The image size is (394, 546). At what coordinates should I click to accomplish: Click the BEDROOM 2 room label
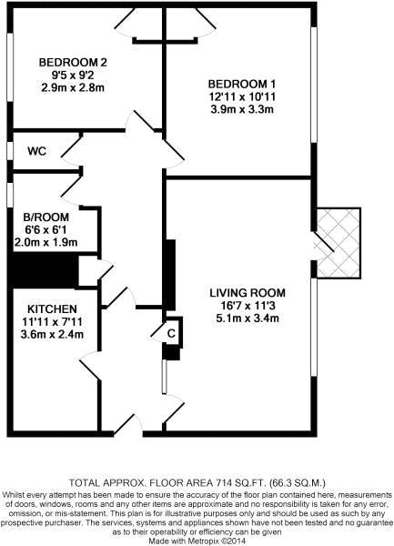(x=73, y=63)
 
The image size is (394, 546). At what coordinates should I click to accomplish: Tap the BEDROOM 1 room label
(x=242, y=85)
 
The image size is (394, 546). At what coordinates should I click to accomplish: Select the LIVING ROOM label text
(x=248, y=293)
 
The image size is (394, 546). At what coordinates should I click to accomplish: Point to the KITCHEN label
(x=52, y=309)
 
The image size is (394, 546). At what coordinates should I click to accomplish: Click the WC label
(x=37, y=151)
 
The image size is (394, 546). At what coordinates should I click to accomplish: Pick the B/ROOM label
(x=46, y=217)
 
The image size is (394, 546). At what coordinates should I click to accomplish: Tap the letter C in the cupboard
(x=171, y=334)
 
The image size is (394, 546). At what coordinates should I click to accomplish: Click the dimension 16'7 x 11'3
(x=248, y=306)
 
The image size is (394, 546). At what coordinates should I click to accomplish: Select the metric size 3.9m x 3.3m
(x=242, y=109)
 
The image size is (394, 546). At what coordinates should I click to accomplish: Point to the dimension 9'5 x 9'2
(x=73, y=75)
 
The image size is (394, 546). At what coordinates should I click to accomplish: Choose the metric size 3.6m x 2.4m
(x=52, y=335)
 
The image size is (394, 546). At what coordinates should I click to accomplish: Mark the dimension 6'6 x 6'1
(x=46, y=230)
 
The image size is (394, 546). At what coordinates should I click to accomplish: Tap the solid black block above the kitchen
(x=43, y=271)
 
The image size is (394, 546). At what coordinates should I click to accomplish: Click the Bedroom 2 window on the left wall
(x=10, y=67)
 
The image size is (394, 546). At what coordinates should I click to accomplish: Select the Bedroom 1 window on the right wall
(x=314, y=85)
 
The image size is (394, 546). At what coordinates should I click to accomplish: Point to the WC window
(x=10, y=151)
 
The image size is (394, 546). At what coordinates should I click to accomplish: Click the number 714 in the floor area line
(x=216, y=483)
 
